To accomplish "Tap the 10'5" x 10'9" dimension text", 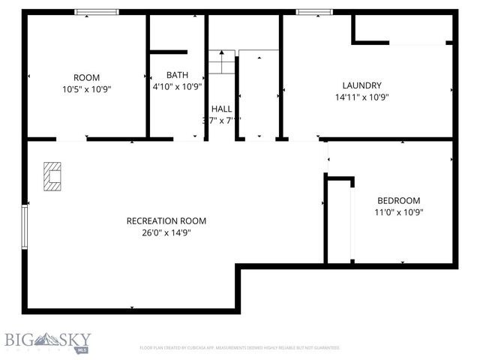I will [86, 88].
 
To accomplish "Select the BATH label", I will [177, 75].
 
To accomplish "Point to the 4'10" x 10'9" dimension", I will [177, 86].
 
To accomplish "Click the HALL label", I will [221, 109].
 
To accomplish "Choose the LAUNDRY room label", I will [361, 85].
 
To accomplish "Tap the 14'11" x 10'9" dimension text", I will [361, 97].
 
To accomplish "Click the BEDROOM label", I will [398, 200].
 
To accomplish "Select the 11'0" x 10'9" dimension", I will [398, 211].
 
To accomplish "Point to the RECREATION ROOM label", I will [166, 220].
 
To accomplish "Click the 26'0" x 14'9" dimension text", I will [166, 232].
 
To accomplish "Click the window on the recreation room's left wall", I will [25, 228].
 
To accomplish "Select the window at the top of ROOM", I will [97, 12].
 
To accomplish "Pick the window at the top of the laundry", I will [314, 12].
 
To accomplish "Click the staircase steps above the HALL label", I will [221, 62].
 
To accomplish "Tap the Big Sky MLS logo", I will [46, 342].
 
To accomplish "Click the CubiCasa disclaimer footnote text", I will [240, 348].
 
